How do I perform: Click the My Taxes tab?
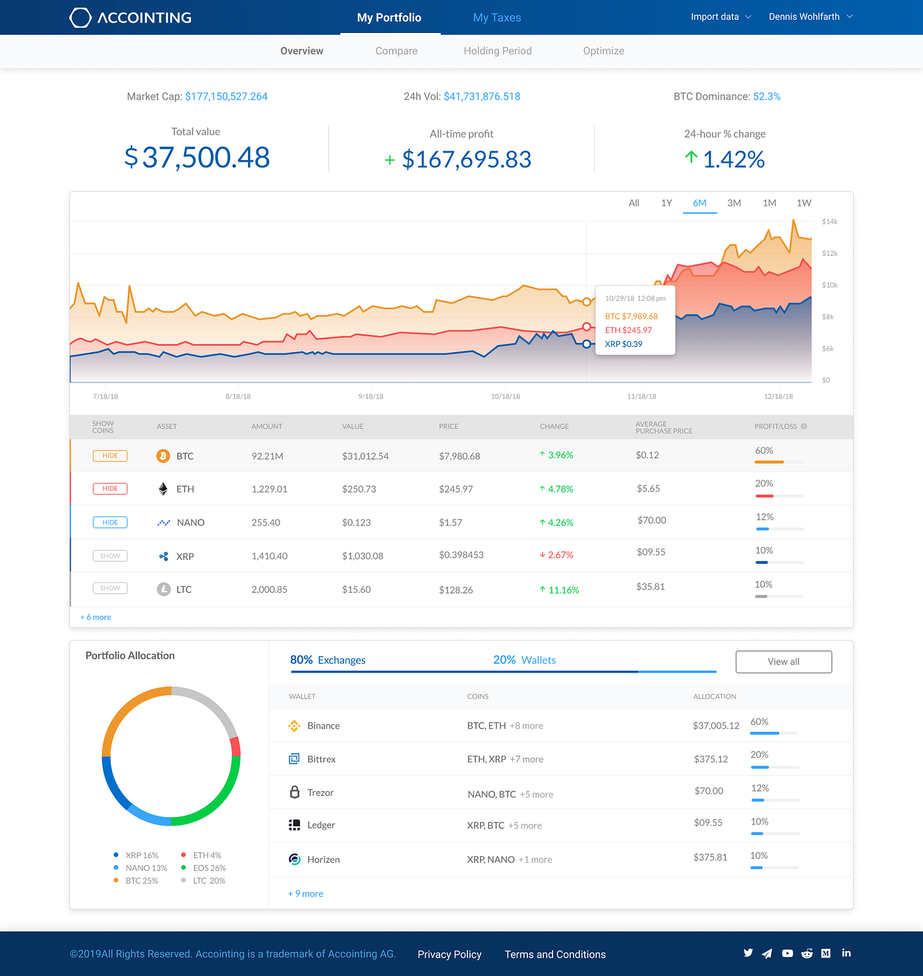[496, 18]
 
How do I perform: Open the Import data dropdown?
[720, 16]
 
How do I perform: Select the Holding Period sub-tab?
[497, 51]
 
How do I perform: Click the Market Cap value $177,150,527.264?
[226, 96]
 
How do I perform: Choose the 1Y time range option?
[666, 203]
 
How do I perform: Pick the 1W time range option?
[803, 203]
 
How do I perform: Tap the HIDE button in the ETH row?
[110, 489]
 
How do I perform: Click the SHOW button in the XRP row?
[110, 556]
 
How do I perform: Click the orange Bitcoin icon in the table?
[163, 456]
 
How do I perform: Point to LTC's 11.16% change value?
[563, 590]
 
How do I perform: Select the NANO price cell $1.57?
[450, 522]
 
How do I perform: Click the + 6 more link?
[96, 617]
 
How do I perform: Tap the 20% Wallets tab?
[524, 660]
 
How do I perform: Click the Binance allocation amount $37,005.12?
[715, 725]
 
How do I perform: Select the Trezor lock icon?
[295, 792]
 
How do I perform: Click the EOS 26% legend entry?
[208, 868]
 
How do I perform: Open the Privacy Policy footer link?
[449, 954]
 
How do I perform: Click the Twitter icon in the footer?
[748, 953]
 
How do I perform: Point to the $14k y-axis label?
[829, 222]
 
